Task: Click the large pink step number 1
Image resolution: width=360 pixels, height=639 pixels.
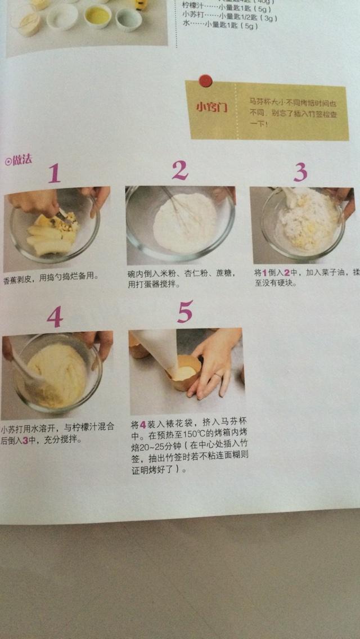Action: pyautogui.click(x=54, y=173)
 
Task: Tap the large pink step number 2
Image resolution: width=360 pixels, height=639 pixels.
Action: pyautogui.click(x=179, y=170)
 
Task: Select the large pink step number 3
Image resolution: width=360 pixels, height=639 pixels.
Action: pyautogui.click(x=300, y=172)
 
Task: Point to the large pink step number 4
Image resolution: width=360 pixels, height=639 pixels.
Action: pyautogui.click(x=55, y=317)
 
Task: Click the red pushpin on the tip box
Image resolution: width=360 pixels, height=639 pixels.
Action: pyautogui.click(x=206, y=80)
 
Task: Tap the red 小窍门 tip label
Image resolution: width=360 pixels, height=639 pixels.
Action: pyautogui.click(x=211, y=107)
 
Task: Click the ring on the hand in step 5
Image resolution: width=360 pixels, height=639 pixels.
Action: pyautogui.click(x=218, y=375)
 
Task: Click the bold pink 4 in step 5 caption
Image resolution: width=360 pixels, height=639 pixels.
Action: pyautogui.click(x=143, y=424)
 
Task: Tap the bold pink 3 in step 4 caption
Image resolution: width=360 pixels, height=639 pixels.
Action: pyautogui.click(x=25, y=439)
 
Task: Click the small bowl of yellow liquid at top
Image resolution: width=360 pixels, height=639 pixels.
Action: pyautogui.click(x=98, y=16)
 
